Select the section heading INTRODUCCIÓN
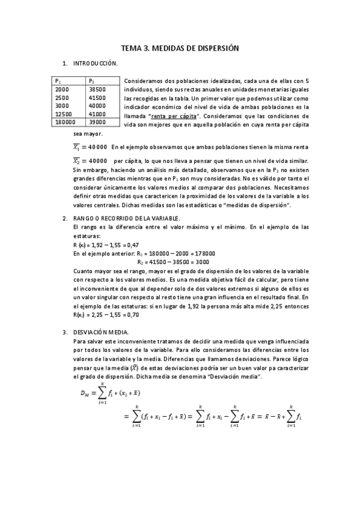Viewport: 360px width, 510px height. pos(96,63)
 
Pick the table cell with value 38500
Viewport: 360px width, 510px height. pos(97,89)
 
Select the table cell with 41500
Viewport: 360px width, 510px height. pos(97,97)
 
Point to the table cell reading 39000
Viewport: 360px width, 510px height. pos(97,121)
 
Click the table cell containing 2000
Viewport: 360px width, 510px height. pos(62,89)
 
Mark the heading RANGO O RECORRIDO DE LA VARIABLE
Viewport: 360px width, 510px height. pos(126,218)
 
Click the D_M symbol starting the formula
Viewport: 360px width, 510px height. pos(87,393)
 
